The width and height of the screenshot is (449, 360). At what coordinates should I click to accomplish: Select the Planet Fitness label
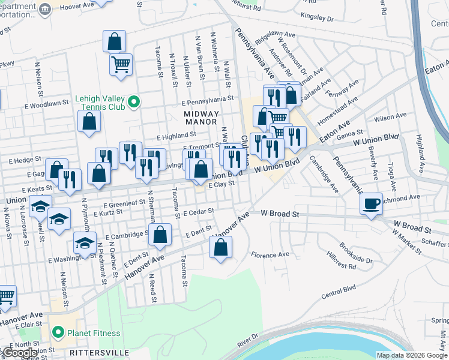coord(93,333)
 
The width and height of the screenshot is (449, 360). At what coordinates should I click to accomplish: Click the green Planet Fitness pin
coord(58,332)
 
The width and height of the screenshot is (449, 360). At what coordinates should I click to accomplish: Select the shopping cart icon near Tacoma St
coord(121,65)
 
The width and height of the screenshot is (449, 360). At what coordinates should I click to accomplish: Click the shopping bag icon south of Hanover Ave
coord(221,247)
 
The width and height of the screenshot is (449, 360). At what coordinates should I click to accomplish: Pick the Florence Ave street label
coord(270,254)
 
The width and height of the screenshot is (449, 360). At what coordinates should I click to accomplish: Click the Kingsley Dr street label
coord(316,16)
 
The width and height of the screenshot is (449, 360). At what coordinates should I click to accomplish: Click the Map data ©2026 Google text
coord(412,355)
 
